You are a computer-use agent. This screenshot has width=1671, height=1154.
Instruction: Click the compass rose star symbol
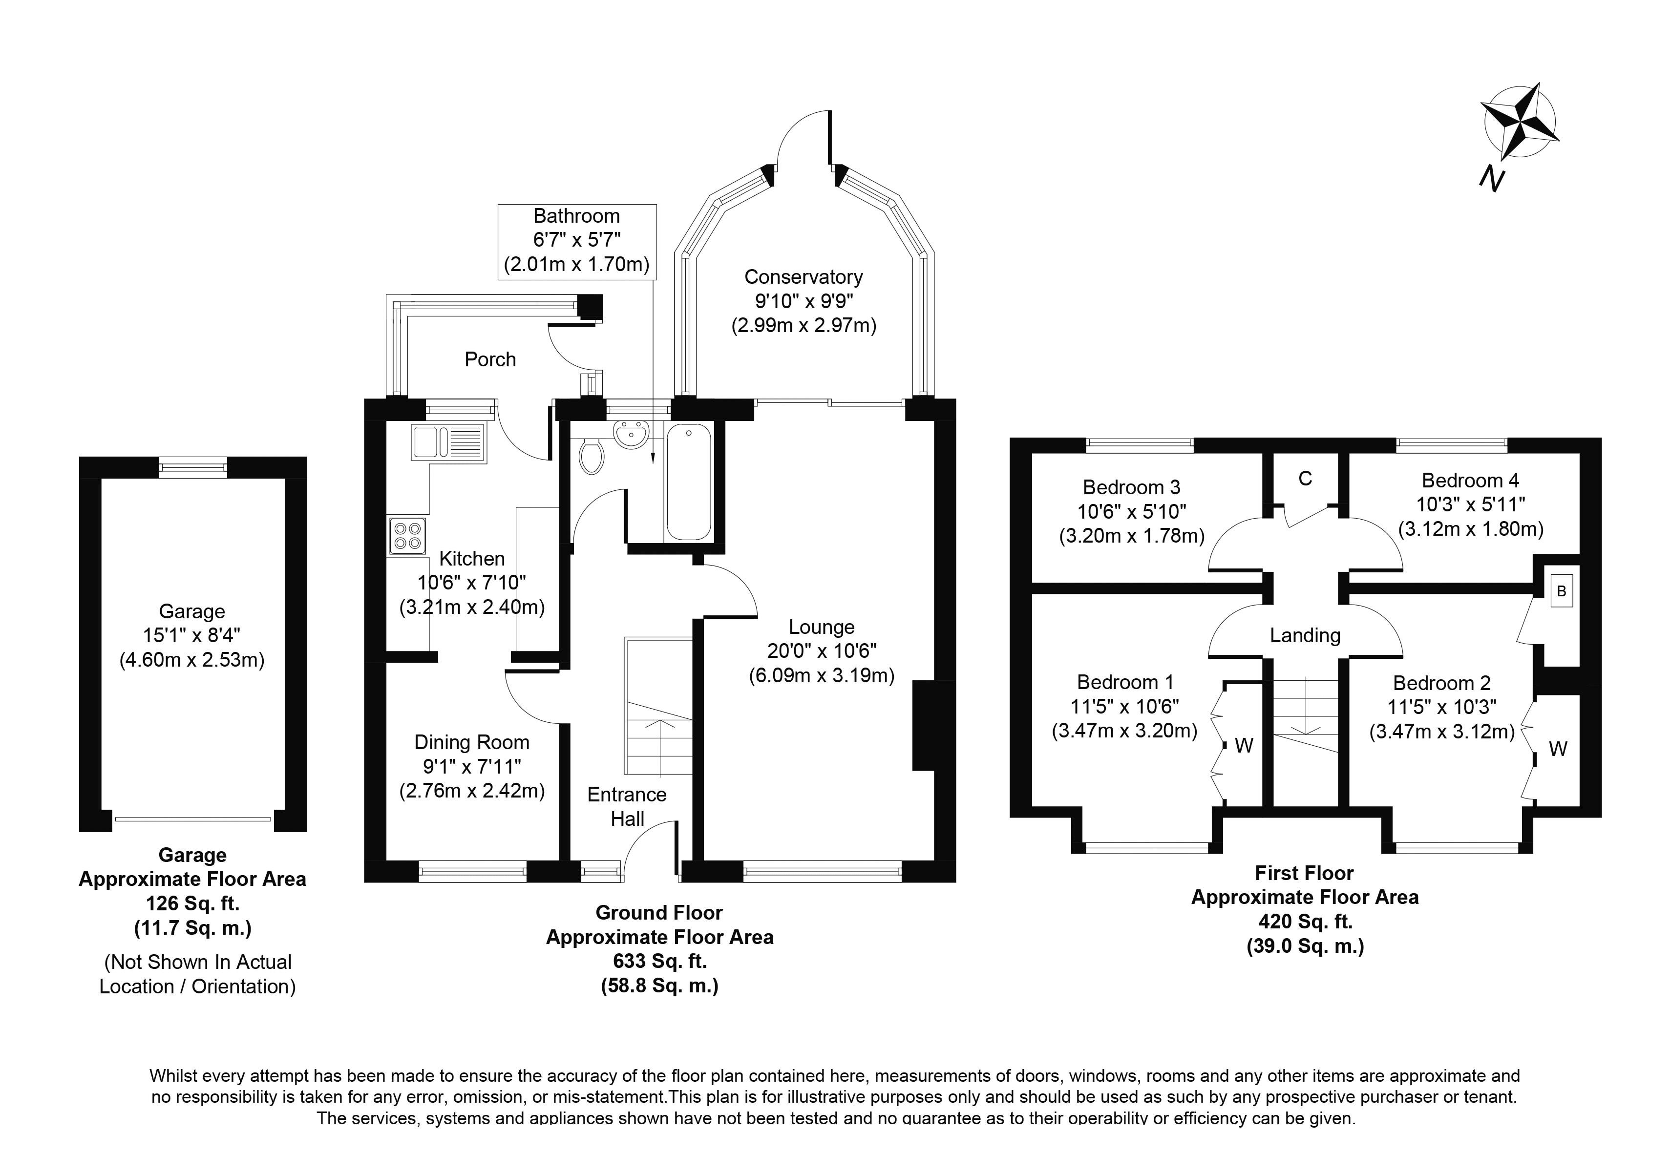(x=1519, y=131)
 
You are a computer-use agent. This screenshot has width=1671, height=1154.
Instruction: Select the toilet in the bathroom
(x=592, y=456)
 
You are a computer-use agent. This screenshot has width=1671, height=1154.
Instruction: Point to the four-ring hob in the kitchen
(x=406, y=536)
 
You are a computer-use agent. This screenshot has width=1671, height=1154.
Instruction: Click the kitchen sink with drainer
(x=448, y=442)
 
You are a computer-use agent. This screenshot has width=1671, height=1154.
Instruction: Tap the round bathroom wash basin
(x=631, y=435)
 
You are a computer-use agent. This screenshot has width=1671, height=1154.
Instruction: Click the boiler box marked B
(x=1561, y=591)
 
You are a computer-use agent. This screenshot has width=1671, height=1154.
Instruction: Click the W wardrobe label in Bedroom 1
(x=1244, y=745)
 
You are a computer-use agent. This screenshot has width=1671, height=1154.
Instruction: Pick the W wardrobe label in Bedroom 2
(x=1558, y=749)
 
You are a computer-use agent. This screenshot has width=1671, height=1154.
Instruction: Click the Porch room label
(x=490, y=359)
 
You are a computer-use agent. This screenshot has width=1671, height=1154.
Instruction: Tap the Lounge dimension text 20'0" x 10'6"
(x=822, y=651)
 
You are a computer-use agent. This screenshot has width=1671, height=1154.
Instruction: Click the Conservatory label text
(x=804, y=277)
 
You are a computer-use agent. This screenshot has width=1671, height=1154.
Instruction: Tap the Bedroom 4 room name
(x=1470, y=480)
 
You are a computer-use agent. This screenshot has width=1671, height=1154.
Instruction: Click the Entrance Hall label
(x=627, y=806)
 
